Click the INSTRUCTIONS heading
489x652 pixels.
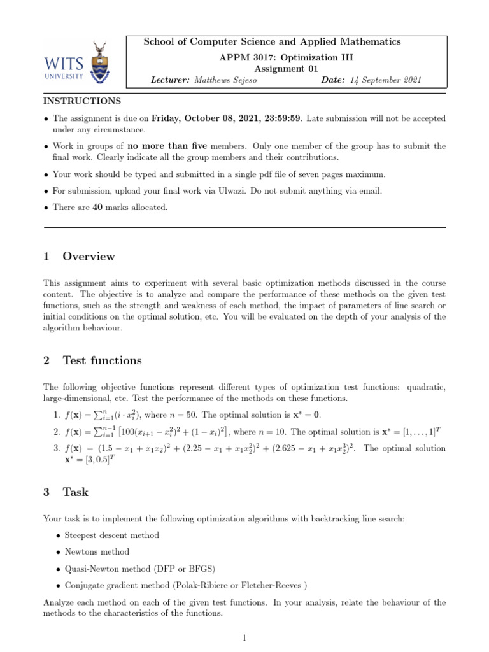[81, 101]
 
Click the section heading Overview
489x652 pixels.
[89, 257]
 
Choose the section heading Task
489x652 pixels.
[76, 492]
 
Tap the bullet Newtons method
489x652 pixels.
[97, 551]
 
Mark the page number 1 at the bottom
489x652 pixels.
[244, 637]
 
